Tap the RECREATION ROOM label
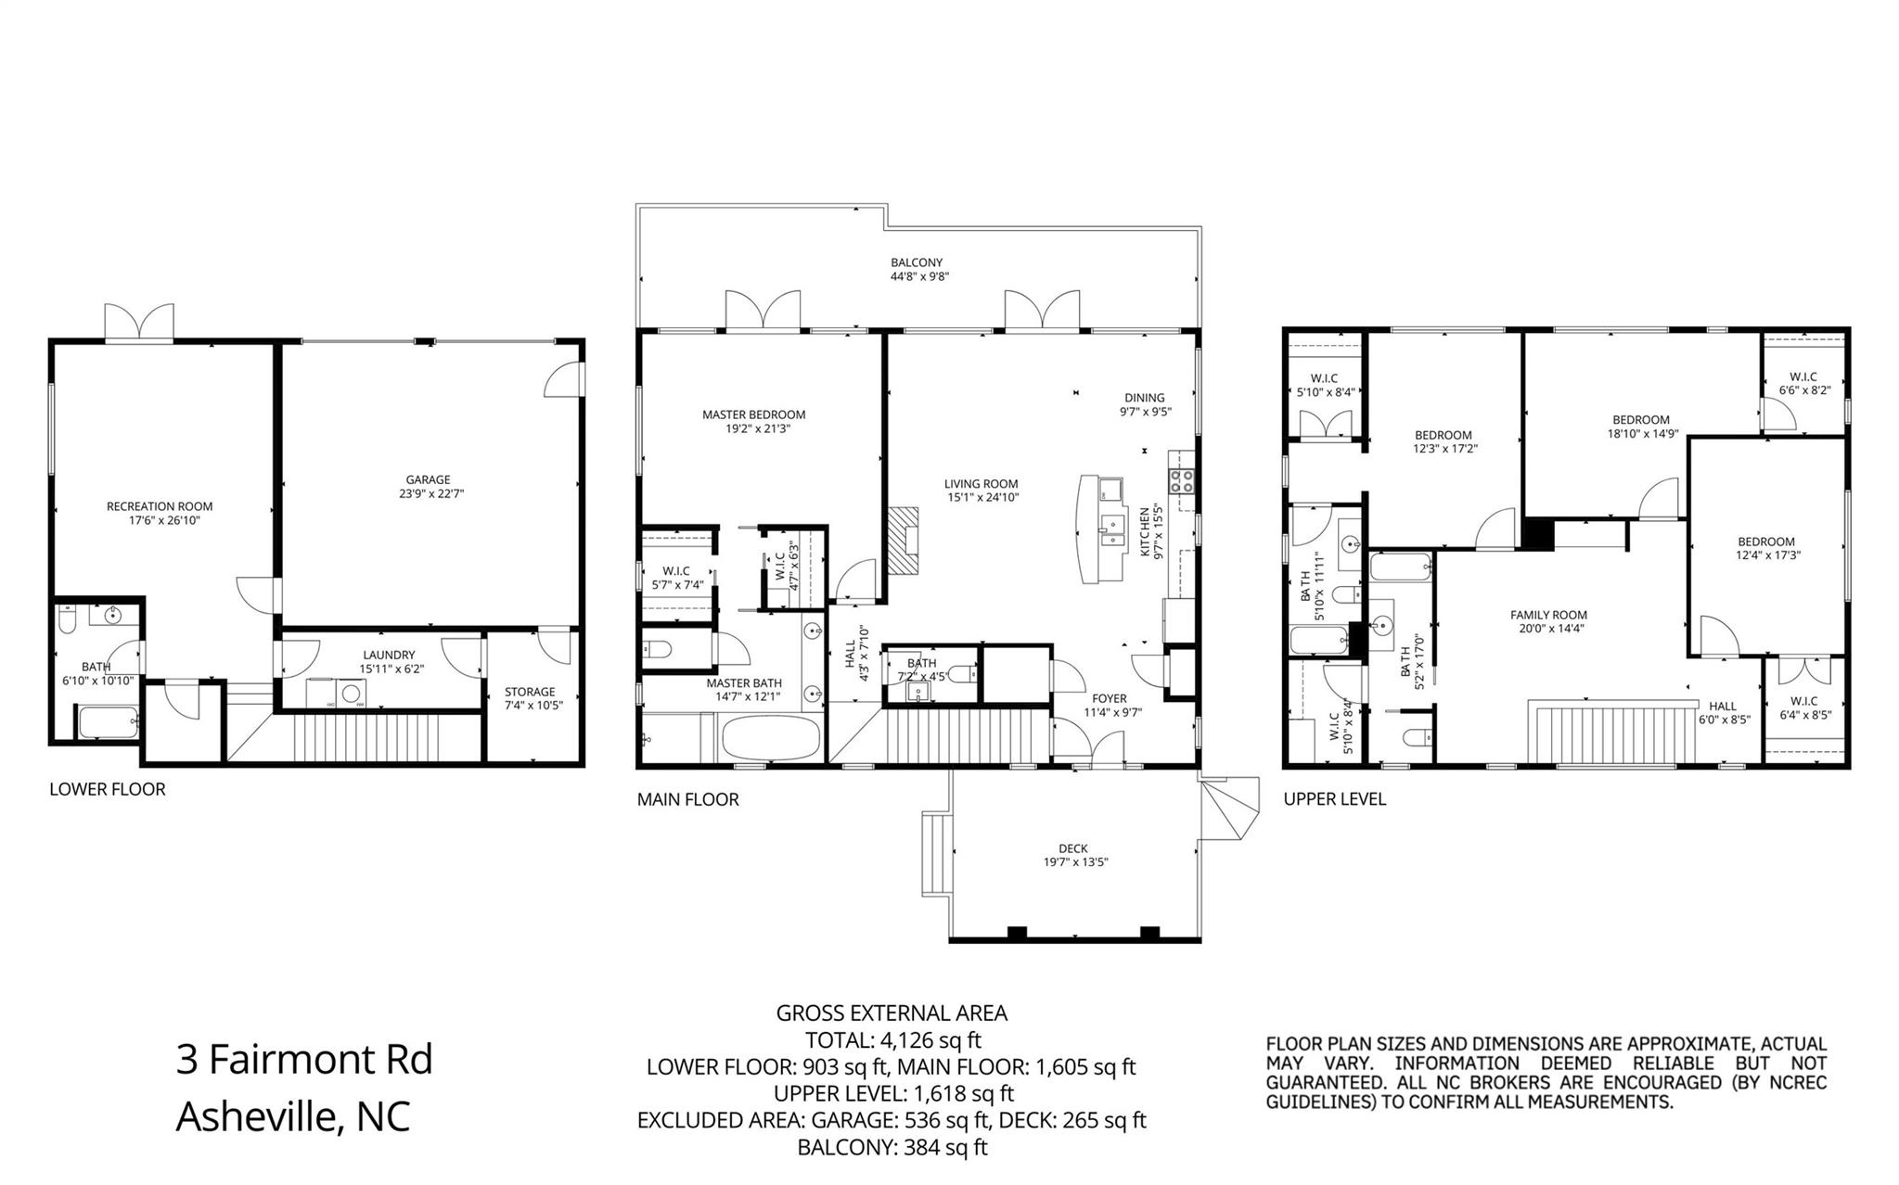[x=160, y=506]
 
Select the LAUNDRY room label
[x=389, y=655]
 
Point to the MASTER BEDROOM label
[x=753, y=414]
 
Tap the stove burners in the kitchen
[x=1181, y=480]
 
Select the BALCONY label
[x=917, y=262]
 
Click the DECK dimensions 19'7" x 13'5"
[x=1073, y=862]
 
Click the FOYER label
[x=1109, y=698]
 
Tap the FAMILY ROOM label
[x=1548, y=615]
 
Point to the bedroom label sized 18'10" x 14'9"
[x=1640, y=419]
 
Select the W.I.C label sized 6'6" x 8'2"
[x=1803, y=376]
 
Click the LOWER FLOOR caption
[x=108, y=789]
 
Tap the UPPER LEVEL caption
[x=1334, y=798]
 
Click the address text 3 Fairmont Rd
[x=304, y=1059]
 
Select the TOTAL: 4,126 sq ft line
[x=892, y=1039]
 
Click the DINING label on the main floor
[x=1145, y=398]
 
